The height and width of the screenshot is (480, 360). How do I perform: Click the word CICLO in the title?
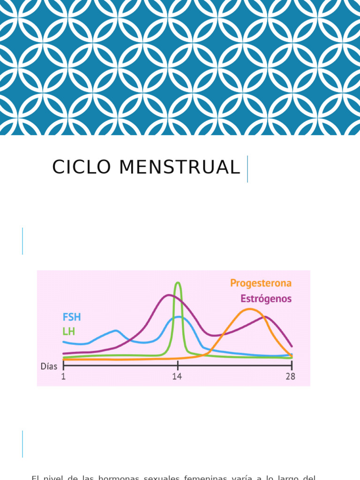tap(79, 167)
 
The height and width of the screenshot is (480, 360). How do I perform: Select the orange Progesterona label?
tap(261, 283)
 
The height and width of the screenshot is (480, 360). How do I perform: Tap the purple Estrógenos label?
tap(266, 299)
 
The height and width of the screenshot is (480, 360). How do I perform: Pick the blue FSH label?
tap(72, 317)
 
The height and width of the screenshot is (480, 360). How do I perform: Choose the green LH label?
tap(68, 331)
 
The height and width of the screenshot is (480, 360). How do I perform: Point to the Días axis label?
tap(49, 367)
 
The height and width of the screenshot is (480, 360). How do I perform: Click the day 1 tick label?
tap(63, 376)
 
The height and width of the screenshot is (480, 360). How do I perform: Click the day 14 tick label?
tap(177, 376)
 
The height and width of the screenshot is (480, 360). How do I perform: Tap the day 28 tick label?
tap(291, 376)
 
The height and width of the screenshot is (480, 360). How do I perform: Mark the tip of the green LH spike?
tap(178, 283)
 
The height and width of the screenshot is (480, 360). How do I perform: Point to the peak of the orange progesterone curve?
tap(249, 309)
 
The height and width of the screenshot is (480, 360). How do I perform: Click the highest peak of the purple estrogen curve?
tap(168, 295)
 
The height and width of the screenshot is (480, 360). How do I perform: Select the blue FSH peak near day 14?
tap(178, 317)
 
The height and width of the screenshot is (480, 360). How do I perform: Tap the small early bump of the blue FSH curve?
tap(115, 331)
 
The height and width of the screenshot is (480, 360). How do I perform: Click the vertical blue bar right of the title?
tap(247, 169)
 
